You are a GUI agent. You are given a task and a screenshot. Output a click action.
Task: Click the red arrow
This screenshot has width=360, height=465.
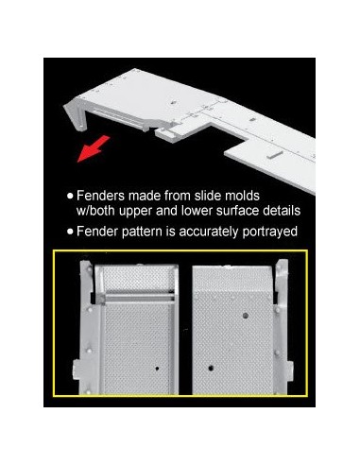point(94,149)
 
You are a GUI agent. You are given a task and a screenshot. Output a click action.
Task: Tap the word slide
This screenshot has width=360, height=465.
point(207,196)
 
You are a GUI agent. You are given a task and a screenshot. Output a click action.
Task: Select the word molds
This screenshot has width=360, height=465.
point(242,196)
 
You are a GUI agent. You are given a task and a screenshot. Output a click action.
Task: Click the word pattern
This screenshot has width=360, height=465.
point(142,232)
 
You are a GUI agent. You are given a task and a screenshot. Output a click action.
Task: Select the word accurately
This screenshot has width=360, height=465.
point(209,232)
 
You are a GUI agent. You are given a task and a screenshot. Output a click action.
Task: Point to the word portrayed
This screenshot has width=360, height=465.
point(270,232)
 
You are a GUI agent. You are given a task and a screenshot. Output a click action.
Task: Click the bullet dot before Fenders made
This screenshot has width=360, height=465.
point(70,196)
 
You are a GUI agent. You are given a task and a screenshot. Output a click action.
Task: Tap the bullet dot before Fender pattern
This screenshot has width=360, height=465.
point(70,232)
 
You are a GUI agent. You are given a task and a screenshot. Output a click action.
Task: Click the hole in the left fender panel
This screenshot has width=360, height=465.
point(157,368)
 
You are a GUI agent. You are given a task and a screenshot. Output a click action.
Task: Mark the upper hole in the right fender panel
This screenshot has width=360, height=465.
point(245,315)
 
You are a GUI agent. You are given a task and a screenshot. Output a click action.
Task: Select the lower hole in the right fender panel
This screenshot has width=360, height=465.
point(211,368)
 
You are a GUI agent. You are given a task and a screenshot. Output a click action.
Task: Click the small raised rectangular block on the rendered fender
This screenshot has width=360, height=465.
point(275,154)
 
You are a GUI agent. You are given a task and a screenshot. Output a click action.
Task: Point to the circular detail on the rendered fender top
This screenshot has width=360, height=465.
point(174,102)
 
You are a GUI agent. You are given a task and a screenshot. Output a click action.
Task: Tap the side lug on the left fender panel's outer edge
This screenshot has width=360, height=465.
point(76,370)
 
